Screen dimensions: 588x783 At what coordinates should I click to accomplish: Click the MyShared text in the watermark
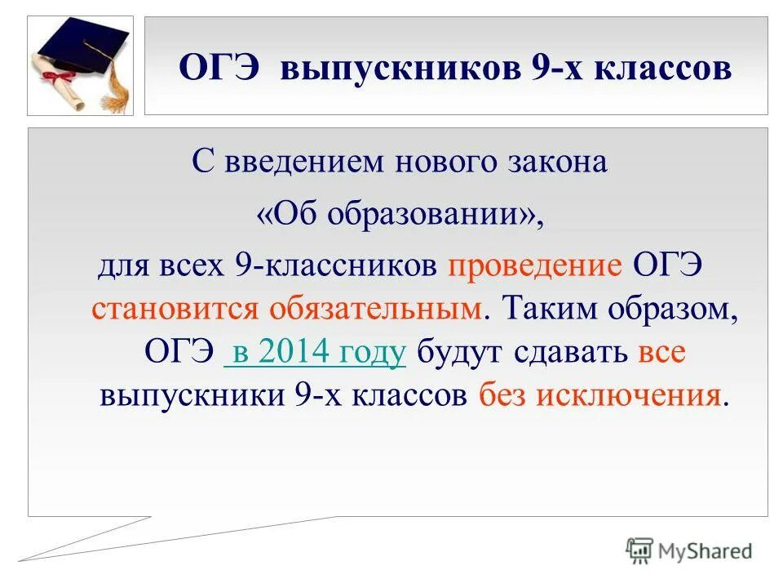coord(706,551)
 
